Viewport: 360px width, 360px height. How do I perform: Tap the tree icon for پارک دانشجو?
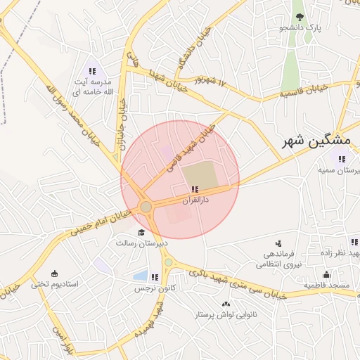[x=300, y=17]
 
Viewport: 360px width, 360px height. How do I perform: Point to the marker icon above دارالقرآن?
[x=195, y=189]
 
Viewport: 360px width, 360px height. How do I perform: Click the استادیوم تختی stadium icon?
[x=55, y=274]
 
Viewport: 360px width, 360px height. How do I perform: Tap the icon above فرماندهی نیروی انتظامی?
[x=279, y=243]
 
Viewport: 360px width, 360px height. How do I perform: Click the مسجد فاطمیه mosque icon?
[x=326, y=275]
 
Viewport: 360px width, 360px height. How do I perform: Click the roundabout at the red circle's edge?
[x=146, y=207]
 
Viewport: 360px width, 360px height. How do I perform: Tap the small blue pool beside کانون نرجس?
[x=140, y=276]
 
